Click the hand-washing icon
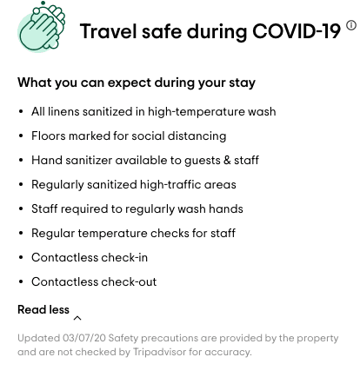click(42, 27)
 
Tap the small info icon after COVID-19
click(351, 25)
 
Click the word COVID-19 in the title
click(297, 31)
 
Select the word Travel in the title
click(108, 31)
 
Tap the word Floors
click(49, 136)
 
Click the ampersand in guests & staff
click(227, 161)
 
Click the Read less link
click(43, 309)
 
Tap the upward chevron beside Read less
click(77, 318)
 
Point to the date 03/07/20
click(84, 338)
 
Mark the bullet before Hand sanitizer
click(21, 161)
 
